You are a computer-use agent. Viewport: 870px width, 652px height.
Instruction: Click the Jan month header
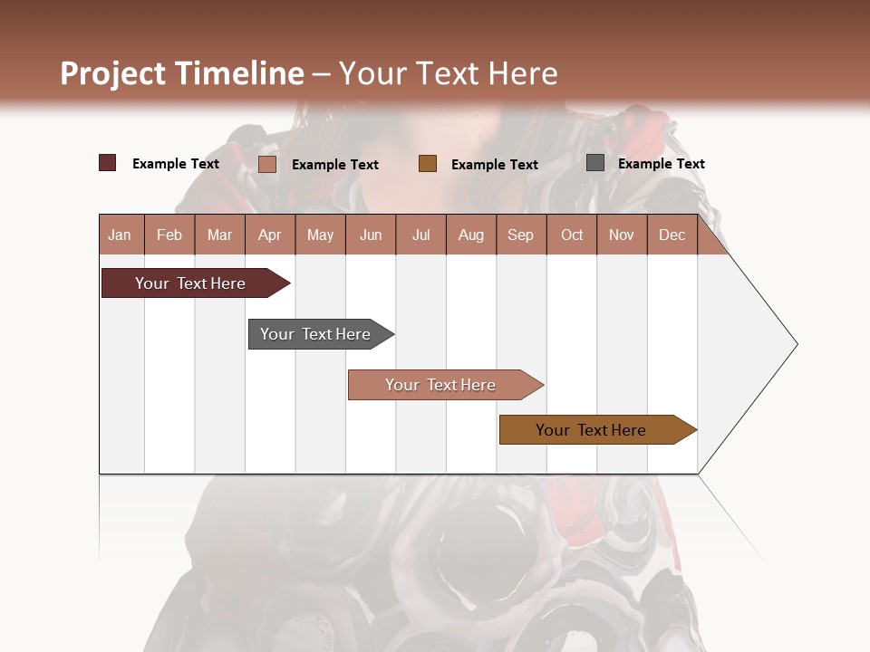click(x=120, y=235)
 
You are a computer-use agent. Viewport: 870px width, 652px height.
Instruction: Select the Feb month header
click(x=169, y=235)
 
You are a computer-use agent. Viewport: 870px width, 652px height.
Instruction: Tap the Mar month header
click(x=219, y=235)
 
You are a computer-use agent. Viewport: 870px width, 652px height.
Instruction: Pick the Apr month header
click(x=270, y=235)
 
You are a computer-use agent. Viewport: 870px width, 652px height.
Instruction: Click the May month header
click(x=320, y=235)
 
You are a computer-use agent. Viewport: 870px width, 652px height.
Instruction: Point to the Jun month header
click(x=371, y=235)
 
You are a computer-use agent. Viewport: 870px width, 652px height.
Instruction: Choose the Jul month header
click(x=420, y=235)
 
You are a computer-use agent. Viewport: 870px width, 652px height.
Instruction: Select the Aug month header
click(x=471, y=235)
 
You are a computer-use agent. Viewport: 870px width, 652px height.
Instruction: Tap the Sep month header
click(x=521, y=235)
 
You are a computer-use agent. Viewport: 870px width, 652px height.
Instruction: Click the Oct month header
click(x=572, y=235)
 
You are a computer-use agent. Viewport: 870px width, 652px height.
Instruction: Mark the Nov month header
click(x=622, y=235)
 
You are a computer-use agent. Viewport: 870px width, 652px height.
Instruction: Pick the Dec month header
click(x=672, y=235)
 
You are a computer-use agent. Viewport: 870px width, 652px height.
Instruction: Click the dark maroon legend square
click(x=108, y=163)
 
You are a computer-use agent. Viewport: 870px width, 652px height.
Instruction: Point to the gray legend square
click(x=595, y=163)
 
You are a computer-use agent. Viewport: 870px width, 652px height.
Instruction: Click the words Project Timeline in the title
click(x=182, y=73)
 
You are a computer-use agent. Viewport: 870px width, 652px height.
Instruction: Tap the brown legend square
click(x=428, y=163)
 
